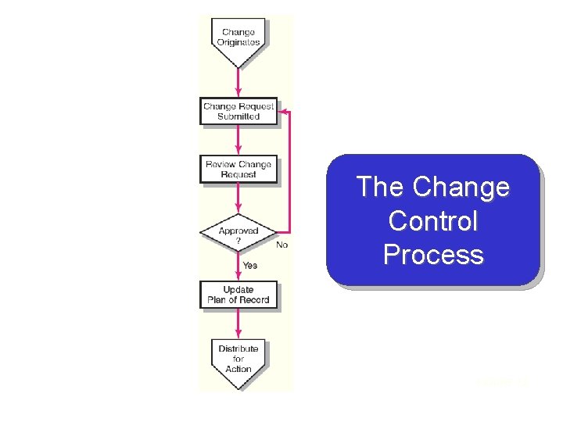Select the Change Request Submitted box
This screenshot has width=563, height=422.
[x=238, y=111]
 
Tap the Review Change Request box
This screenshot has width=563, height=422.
[x=238, y=170]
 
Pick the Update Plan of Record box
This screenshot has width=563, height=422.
[x=238, y=295]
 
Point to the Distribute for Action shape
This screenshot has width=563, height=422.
[x=238, y=360]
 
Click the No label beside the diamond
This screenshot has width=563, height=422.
[x=281, y=245]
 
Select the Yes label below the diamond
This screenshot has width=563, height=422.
[x=249, y=266]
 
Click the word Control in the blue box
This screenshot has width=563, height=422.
[x=432, y=221]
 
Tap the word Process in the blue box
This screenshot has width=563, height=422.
[x=432, y=255]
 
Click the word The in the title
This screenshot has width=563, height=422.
[x=380, y=188]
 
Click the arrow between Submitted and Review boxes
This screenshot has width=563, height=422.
[x=238, y=139]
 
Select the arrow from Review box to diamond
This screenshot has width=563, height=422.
[x=238, y=198]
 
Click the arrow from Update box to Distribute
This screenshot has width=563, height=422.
[x=238, y=324]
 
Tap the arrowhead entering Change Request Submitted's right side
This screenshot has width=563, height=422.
[x=283, y=111]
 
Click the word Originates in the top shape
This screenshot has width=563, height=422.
[x=238, y=42]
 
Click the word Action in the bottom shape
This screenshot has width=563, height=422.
[x=238, y=369]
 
